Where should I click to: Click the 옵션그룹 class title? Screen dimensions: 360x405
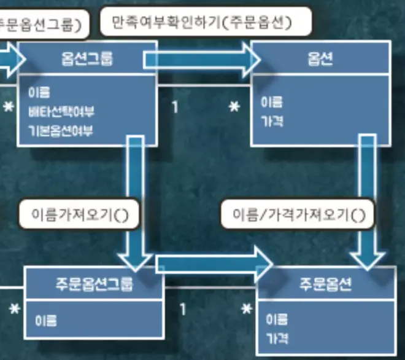[x=87, y=59]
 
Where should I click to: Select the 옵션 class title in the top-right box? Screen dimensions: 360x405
[x=320, y=59]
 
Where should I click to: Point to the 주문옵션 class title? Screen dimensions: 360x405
[x=325, y=284]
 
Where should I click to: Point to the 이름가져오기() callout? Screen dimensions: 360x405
[x=78, y=214]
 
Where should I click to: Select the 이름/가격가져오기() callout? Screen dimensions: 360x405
[x=298, y=215]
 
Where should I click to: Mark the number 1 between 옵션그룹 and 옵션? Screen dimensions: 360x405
[x=175, y=107]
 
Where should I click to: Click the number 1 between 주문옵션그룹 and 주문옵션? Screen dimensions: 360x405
[x=182, y=308]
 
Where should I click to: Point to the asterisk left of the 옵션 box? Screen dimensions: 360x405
[x=234, y=108]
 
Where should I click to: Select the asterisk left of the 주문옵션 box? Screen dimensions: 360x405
[x=247, y=310]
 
